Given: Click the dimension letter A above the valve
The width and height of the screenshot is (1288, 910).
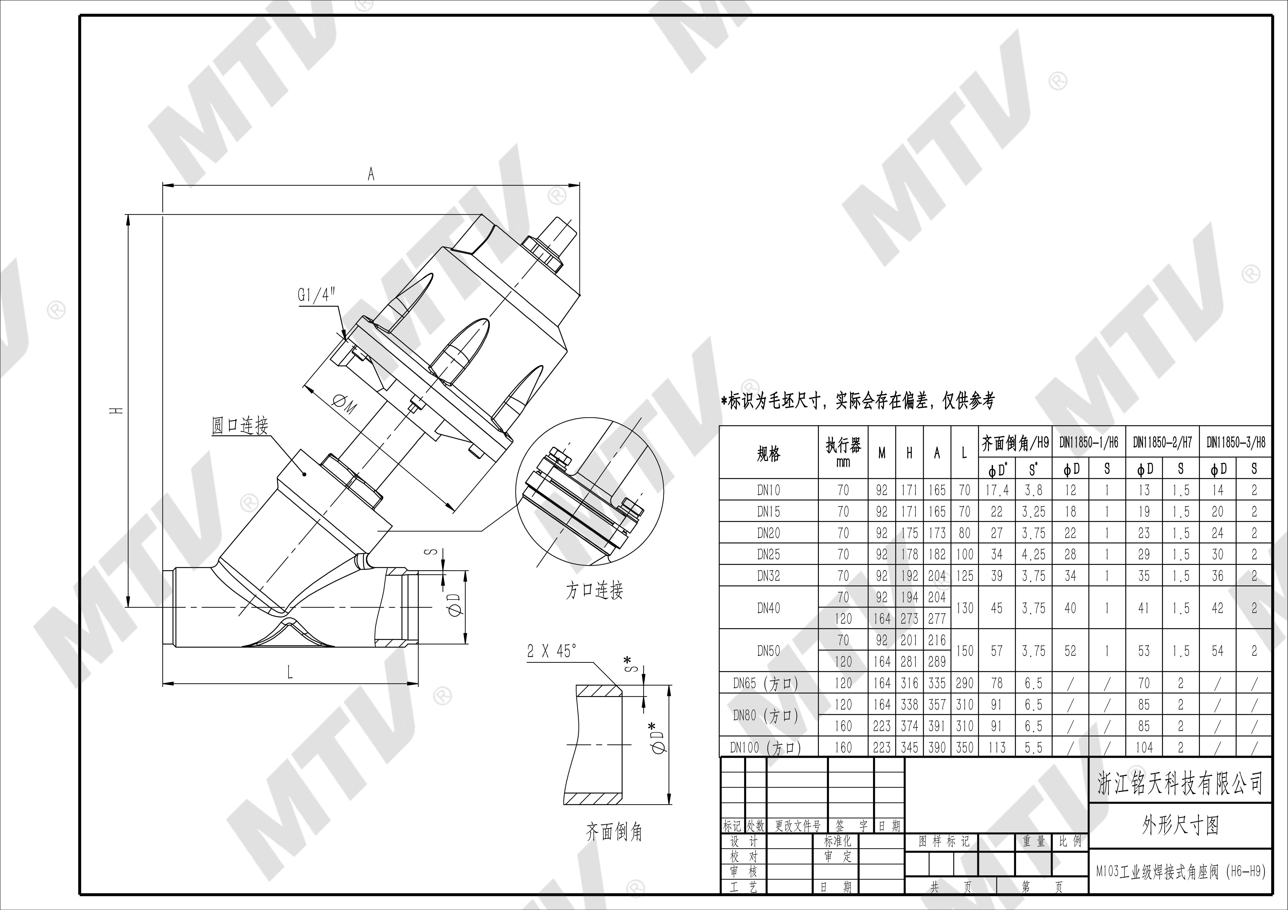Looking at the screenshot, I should coord(371,175).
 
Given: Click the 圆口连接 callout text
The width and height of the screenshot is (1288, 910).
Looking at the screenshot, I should coord(240,426).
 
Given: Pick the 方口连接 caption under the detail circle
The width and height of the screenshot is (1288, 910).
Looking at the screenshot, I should coord(594,590).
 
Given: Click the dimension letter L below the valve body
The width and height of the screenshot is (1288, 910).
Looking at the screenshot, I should coord(290,673).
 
